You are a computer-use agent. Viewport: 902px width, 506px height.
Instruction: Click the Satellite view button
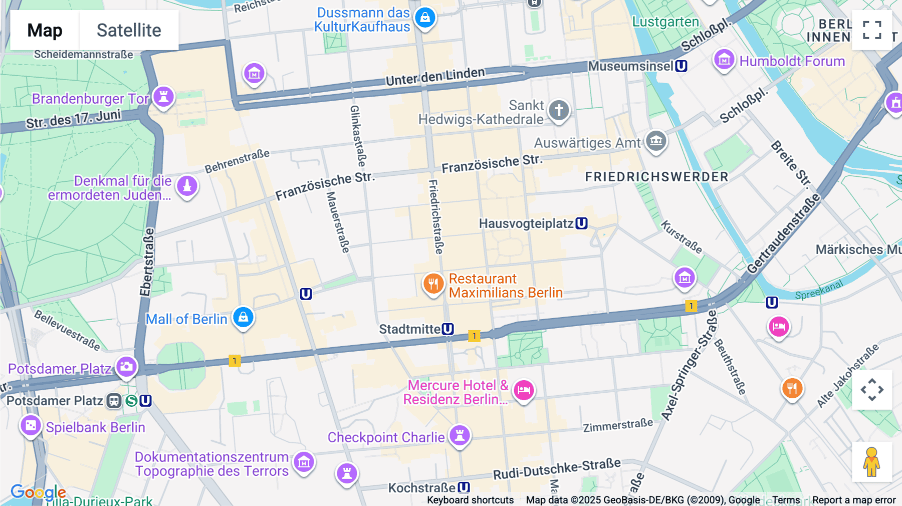pyautogui.click(x=129, y=30)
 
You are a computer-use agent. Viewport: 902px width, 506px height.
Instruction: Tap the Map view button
pyautogui.click(x=45, y=30)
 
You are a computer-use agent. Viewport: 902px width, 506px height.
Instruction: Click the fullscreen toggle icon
pyautogui.click(x=872, y=30)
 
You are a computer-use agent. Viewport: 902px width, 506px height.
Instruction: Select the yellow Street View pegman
pyautogui.click(x=872, y=462)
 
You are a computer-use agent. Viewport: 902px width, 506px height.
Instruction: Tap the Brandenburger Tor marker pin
pyautogui.click(x=163, y=96)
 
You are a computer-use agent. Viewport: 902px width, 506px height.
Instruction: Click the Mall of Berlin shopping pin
pyautogui.click(x=244, y=317)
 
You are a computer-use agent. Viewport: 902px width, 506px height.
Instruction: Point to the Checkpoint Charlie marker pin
pyautogui.click(x=460, y=435)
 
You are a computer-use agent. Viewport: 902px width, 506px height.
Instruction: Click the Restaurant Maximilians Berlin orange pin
pyautogui.click(x=433, y=284)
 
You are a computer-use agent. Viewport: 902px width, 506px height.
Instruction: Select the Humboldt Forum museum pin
pyautogui.click(x=724, y=60)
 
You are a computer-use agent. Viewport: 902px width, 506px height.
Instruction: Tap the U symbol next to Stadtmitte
pyautogui.click(x=448, y=329)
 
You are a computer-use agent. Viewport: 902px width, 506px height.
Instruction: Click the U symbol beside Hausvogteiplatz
pyautogui.click(x=581, y=223)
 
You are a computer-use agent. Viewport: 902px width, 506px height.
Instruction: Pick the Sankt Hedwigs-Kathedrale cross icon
pyautogui.click(x=559, y=110)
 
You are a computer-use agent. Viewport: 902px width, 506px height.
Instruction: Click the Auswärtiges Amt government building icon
pyautogui.click(x=656, y=141)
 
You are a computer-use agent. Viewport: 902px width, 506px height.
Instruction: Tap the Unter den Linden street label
pyautogui.click(x=435, y=76)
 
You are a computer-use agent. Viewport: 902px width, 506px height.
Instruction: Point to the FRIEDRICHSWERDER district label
pyautogui.click(x=656, y=177)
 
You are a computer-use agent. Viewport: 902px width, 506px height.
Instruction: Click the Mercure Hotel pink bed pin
pyautogui.click(x=524, y=390)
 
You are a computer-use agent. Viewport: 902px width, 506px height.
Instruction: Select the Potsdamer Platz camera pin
pyautogui.click(x=127, y=367)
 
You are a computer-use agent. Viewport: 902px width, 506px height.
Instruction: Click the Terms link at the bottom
pyautogui.click(x=786, y=499)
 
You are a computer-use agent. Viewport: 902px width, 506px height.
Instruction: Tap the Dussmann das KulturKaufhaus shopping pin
pyautogui.click(x=425, y=18)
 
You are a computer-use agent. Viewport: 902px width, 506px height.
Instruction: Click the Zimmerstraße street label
pyautogui.click(x=617, y=425)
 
